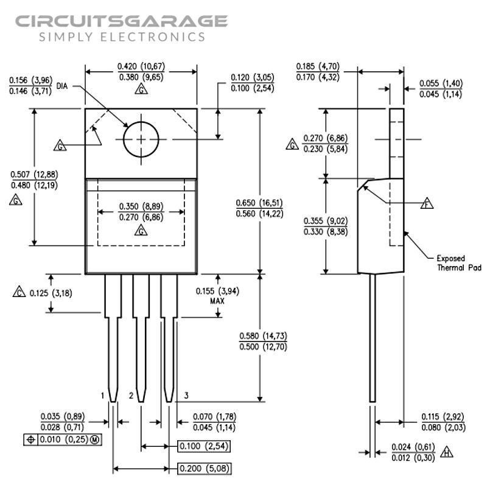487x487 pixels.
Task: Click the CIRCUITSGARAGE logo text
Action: click(122, 21)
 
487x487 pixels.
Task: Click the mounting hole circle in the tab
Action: click(141, 139)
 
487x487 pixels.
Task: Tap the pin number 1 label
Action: click(103, 396)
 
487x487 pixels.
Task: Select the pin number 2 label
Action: click(131, 396)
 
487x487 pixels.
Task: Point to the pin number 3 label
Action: click(186, 396)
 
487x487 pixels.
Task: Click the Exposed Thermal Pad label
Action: click(459, 262)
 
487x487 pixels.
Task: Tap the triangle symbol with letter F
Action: click(427, 203)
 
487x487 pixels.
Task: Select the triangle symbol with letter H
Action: click(447, 452)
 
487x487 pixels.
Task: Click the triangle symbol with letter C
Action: click(19, 292)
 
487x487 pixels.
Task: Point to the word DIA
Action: click(62, 86)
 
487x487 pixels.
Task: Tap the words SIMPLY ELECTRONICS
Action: click(122, 37)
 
